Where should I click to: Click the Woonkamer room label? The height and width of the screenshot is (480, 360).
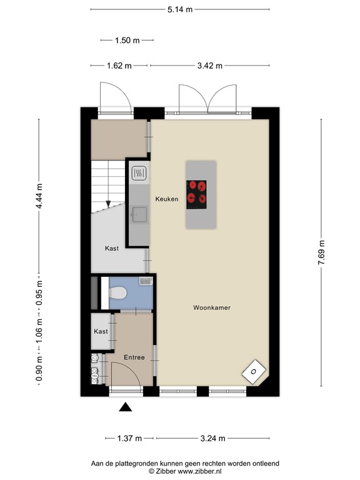(x=212, y=307)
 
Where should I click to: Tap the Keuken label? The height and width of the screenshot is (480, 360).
(x=167, y=199)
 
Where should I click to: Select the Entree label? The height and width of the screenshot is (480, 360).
(x=134, y=357)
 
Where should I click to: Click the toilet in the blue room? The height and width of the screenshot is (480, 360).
(x=118, y=292)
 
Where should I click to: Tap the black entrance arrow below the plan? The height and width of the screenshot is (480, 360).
(x=126, y=407)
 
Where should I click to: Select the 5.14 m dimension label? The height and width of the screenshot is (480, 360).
(x=180, y=9)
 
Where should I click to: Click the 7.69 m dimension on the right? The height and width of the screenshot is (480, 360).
(x=322, y=253)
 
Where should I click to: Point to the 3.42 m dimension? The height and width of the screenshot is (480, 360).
(x=209, y=65)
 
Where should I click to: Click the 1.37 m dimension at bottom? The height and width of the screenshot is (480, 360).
(x=129, y=437)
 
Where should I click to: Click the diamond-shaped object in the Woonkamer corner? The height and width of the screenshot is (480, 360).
(x=254, y=372)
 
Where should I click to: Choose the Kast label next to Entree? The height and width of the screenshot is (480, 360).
(x=101, y=331)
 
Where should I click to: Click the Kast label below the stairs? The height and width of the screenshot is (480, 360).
(x=112, y=248)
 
